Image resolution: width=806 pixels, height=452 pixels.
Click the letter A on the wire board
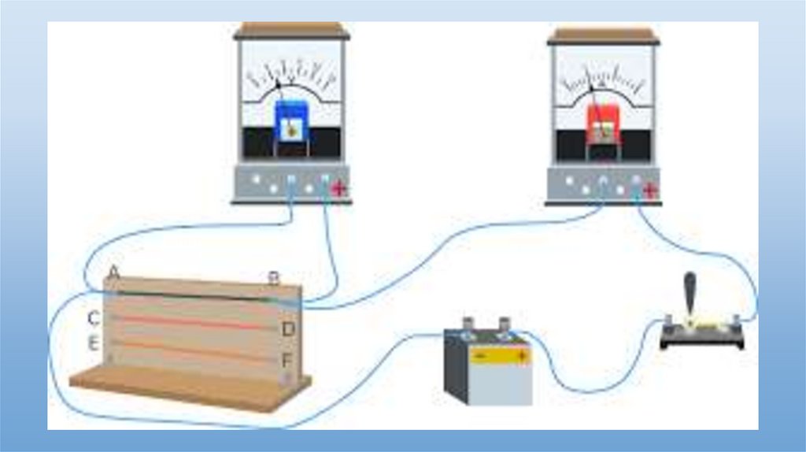click(x=113, y=272)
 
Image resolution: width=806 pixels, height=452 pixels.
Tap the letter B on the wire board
click(x=273, y=277)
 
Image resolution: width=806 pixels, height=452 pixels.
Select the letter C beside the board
click(x=93, y=318)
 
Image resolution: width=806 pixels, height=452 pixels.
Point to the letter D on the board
click(x=287, y=329)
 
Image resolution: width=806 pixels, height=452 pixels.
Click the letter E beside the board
click(x=93, y=343)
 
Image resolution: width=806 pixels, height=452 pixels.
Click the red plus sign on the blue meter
click(x=339, y=188)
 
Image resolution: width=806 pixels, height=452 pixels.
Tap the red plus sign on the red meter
click(x=649, y=190)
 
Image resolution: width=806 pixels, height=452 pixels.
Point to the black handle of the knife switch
click(x=690, y=291)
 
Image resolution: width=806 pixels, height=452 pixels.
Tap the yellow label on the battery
click(x=499, y=357)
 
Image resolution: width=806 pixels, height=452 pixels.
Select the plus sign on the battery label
click(x=520, y=357)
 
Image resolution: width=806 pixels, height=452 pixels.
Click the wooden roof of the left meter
click(x=291, y=31)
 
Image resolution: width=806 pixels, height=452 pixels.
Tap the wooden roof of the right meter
click(x=603, y=35)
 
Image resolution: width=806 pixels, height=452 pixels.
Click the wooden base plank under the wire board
click(x=189, y=389)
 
